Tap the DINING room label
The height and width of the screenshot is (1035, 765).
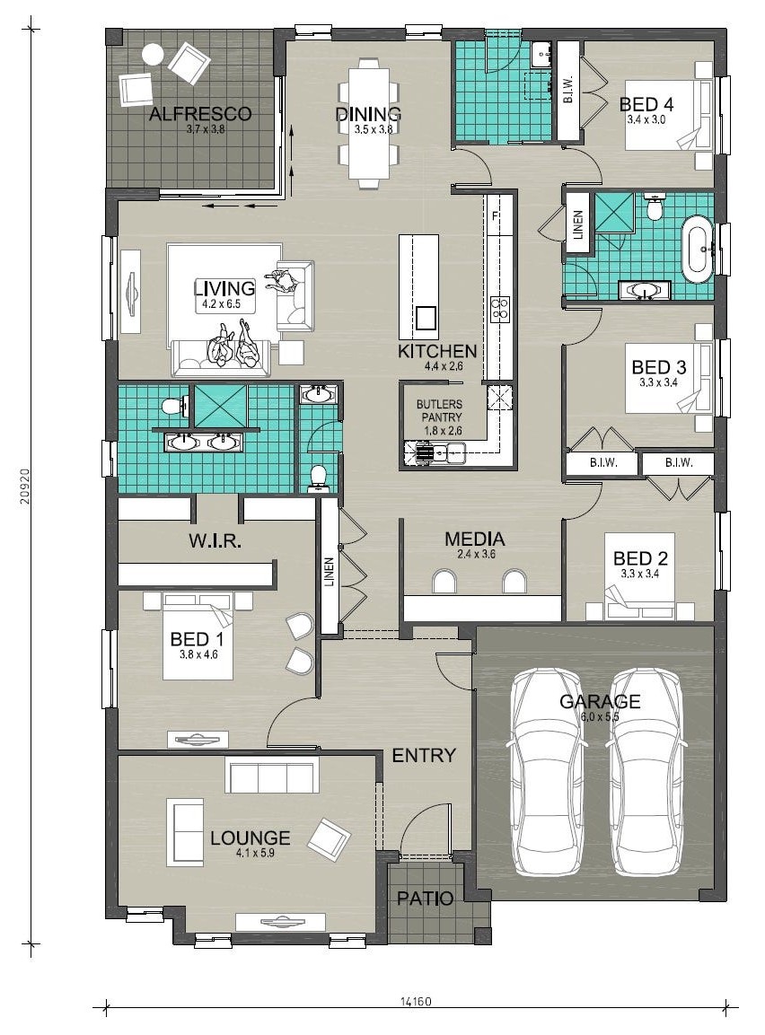(x=368, y=113)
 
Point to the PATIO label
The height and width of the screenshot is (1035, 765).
(x=425, y=898)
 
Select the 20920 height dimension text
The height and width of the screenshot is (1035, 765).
(x=25, y=487)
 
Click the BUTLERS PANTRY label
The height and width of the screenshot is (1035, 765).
(x=439, y=410)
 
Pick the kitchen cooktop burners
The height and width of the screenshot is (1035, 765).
(x=499, y=309)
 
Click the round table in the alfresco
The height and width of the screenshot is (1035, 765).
(x=154, y=54)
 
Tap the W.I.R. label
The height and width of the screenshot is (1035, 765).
(x=215, y=542)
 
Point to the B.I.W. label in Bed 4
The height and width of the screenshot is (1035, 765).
(x=568, y=90)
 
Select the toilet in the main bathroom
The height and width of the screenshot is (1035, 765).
(x=655, y=207)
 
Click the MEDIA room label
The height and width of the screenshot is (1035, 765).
(x=475, y=539)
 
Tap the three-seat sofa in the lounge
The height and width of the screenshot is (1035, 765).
(x=272, y=775)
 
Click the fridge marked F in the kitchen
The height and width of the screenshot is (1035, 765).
(x=496, y=216)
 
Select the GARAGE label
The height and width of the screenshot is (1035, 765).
(x=600, y=701)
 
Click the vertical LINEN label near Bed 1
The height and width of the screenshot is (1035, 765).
(x=330, y=572)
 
